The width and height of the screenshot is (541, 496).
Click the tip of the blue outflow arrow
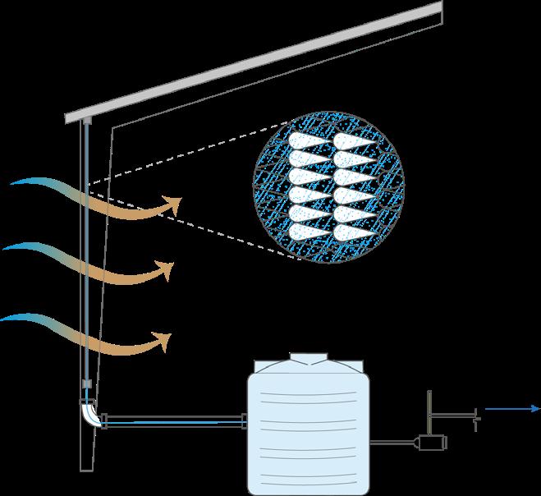click(537, 408)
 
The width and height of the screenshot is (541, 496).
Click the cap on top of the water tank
click(309, 358)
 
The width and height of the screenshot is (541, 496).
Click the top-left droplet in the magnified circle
click(308, 140)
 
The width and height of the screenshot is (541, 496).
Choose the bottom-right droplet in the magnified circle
click(355, 232)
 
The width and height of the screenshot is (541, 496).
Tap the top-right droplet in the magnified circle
click(355, 140)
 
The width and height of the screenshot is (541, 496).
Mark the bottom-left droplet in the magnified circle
click(308, 232)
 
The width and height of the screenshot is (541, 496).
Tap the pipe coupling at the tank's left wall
click(245, 421)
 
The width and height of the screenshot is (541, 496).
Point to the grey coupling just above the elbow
click(85, 384)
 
